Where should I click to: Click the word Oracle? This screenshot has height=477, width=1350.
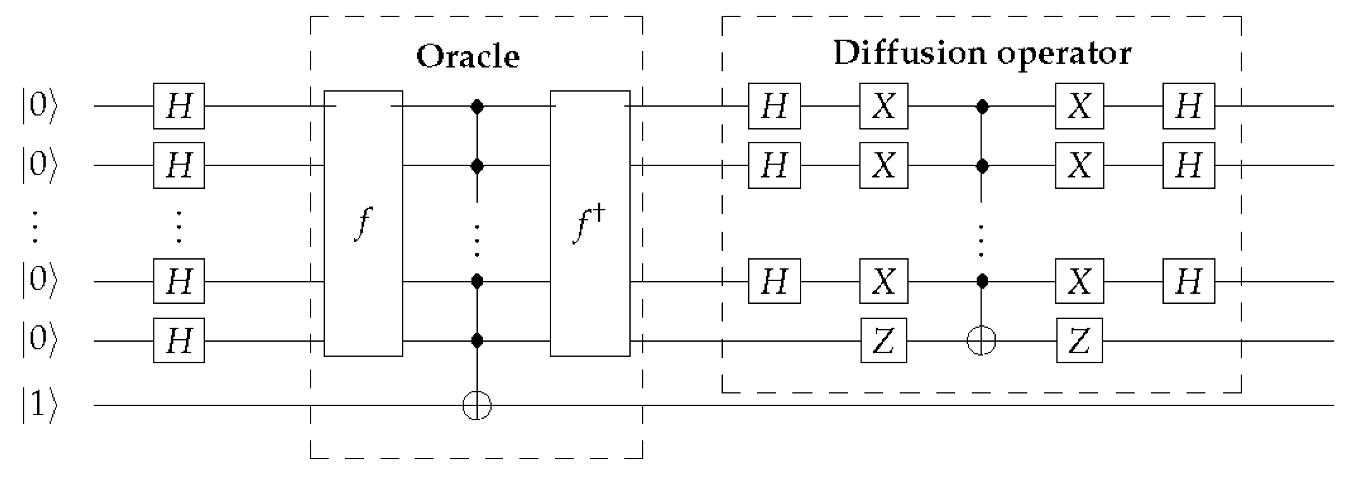click(x=468, y=56)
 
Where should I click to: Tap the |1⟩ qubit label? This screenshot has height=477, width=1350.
click(x=39, y=405)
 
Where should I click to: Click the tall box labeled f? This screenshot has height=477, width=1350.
click(x=363, y=223)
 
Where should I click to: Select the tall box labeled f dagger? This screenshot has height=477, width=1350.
click(x=590, y=223)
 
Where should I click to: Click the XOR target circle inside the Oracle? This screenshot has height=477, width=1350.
click(x=477, y=405)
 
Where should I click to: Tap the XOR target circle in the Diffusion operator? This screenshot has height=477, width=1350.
click(x=981, y=341)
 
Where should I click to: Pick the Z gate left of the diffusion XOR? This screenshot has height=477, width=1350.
click(x=884, y=341)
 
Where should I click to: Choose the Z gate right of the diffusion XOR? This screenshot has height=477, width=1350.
click(x=1079, y=341)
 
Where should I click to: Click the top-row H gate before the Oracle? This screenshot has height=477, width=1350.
click(x=179, y=106)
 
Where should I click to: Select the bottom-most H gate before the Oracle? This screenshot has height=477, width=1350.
click(x=179, y=341)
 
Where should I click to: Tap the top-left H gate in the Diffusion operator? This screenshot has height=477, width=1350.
click(x=774, y=106)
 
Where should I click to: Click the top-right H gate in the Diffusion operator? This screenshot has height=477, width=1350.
click(x=1188, y=106)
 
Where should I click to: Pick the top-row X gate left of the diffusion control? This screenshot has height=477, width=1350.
click(x=884, y=106)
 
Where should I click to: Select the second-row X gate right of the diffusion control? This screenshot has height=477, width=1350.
click(x=1079, y=166)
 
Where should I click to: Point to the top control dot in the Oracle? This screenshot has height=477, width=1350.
click(x=477, y=107)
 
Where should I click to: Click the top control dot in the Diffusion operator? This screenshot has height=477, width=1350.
click(x=981, y=107)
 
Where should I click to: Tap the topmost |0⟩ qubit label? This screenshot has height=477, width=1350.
click(x=39, y=106)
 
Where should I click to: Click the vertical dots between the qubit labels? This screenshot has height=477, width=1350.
click(x=34, y=227)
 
